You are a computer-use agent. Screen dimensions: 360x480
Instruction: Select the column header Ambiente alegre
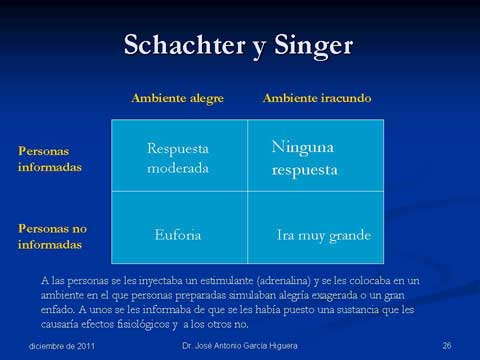click(177, 98)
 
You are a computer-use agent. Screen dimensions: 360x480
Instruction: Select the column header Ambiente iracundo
click(316, 98)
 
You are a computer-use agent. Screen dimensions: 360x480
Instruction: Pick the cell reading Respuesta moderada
click(178, 158)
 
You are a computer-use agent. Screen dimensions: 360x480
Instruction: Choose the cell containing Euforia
click(178, 235)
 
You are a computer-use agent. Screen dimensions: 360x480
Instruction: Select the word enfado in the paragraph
click(62, 310)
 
